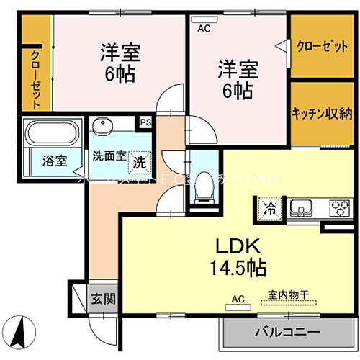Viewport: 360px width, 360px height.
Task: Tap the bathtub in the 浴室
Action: pyautogui.click(x=50, y=133)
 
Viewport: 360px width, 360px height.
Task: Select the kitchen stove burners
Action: pyautogui.click(x=338, y=210)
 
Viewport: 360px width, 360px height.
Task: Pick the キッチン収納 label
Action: pyautogui.click(x=321, y=112)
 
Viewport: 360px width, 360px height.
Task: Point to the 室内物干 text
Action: pyautogui.click(x=288, y=294)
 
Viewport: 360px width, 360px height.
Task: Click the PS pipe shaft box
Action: pyautogui.click(x=145, y=123)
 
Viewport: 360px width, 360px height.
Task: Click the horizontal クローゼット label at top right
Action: pyautogui.click(x=321, y=45)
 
